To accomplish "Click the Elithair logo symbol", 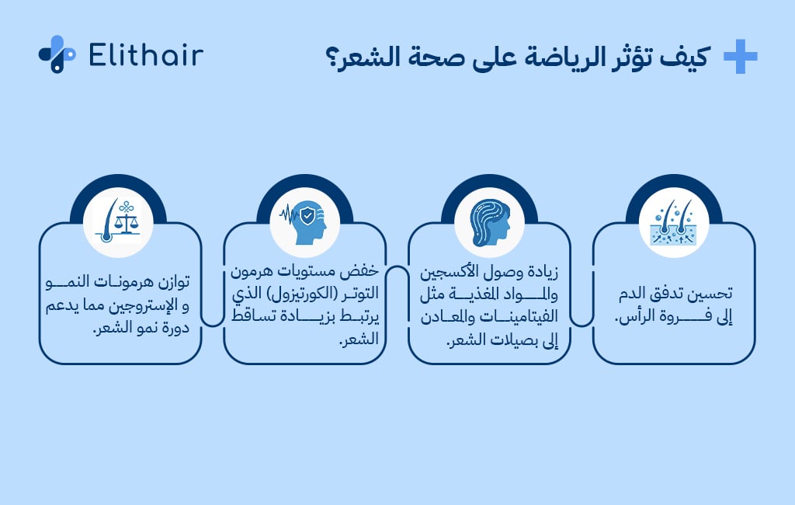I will [57, 54].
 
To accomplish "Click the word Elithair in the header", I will [147, 55].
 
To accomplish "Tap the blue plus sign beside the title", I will [740, 57].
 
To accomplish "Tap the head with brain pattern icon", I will [489, 225].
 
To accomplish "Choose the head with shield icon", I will [304, 225].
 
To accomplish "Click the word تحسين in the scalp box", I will [712, 294].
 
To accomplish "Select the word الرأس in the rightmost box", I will [637, 316].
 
